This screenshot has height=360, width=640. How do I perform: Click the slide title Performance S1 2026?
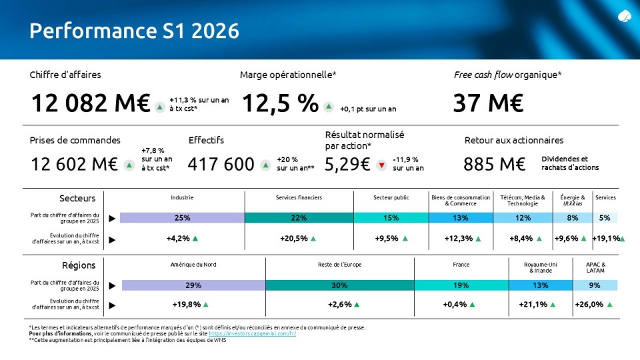134,31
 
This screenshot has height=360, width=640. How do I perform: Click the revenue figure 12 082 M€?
91,103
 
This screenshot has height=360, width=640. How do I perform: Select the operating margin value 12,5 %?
280,103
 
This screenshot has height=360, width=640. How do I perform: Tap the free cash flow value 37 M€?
488,103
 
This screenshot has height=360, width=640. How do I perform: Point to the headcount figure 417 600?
221,165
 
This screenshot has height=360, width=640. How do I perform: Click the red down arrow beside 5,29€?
381,165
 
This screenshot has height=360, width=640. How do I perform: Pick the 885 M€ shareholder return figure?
494,165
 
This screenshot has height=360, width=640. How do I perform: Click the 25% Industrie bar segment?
183,218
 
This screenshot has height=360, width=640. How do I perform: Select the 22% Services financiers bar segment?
299,218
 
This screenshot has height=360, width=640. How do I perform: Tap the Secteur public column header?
391,197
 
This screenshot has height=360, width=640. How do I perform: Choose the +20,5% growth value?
294,239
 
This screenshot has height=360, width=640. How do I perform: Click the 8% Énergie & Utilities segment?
573,218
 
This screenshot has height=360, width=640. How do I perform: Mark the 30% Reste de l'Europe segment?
339,285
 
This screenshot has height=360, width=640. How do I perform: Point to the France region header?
461,265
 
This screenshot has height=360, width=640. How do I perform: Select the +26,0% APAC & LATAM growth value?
589,305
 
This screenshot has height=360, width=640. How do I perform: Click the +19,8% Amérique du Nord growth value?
187,305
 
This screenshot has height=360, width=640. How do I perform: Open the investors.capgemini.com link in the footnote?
252,333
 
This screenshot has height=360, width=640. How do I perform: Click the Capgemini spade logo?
624,16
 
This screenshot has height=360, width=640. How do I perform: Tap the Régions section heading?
79,265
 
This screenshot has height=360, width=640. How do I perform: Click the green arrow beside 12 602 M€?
129,165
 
